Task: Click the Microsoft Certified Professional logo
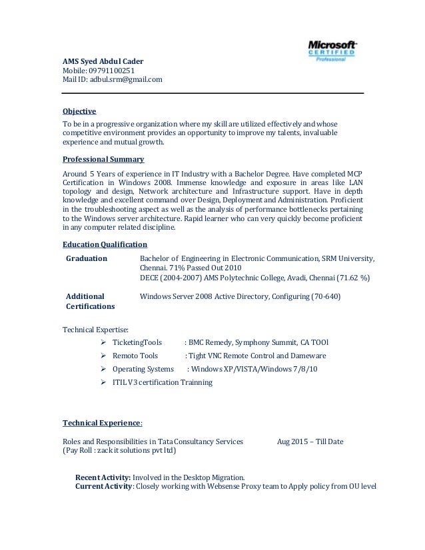(x=332, y=49)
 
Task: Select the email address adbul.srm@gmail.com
(x=126, y=80)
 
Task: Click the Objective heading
(x=79, y=111)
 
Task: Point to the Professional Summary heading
(x=103, y=160)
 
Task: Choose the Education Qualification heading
(x=105, y=244)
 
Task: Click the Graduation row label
(x=87, y=258)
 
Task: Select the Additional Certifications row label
(x=90, y=301)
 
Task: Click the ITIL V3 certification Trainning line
(x=163, y=382)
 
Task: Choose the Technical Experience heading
(x=102, y=423)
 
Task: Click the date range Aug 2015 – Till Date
(x=310, y=441)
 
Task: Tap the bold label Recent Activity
(x=103, y=477)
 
